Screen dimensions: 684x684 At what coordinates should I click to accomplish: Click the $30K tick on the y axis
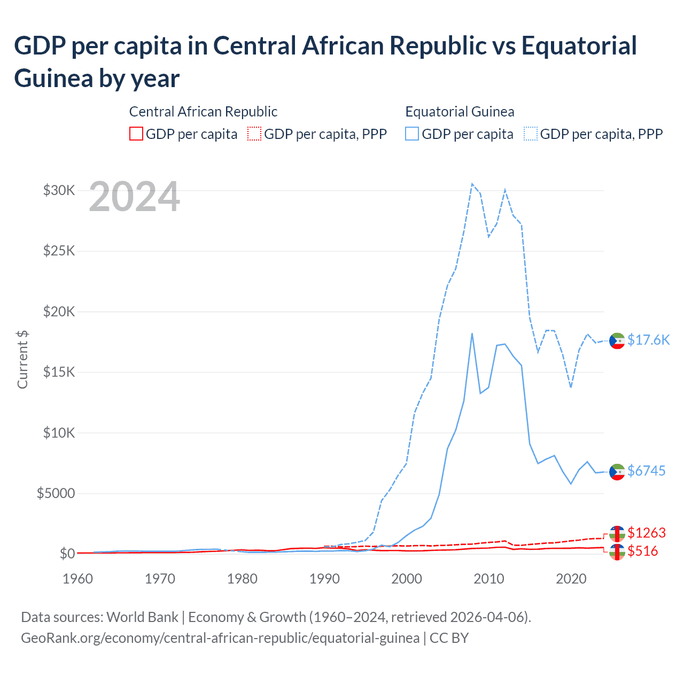click(x=59, y=190)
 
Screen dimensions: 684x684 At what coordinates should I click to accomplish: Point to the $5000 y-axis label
click(x=56, y=493)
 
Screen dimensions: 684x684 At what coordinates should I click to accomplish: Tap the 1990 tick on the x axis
click(x=324, y=579)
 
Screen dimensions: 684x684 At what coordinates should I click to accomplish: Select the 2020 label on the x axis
click(x=571, y=579)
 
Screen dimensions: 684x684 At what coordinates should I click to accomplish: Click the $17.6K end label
click(x=648, y=340)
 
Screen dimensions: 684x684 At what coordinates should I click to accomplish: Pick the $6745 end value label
click(x=646, y=471)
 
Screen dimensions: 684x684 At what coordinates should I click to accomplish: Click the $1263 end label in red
click(x=646, y=533)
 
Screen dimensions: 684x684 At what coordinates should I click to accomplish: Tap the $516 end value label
click(x=642, y=551)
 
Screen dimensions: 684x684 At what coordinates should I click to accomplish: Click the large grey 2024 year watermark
click(x=134, y=197)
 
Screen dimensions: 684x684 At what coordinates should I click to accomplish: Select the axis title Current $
click(x=22, y=359)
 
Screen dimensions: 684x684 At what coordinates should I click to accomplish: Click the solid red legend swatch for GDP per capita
click(x=136, y=134)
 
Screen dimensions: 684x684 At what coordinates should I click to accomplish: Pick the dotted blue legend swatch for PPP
click(x=531, y=134)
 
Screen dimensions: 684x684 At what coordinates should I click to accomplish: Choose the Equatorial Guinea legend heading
click(x=460, y=112)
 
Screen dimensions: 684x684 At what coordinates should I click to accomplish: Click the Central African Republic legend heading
click(x=203, y=112)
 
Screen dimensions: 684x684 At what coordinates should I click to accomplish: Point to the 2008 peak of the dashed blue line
click(x=472, y=184)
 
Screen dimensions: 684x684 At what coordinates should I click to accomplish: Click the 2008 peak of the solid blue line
click(x=472, y=334)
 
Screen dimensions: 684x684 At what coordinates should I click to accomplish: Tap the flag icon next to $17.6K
click(x=617, y=341)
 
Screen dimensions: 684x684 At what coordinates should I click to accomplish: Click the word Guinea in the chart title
click(x=53, y=78)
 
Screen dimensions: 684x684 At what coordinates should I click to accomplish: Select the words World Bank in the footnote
click(x=142, y=617)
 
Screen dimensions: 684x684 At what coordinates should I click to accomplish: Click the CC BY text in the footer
click(x=449, y=638)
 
